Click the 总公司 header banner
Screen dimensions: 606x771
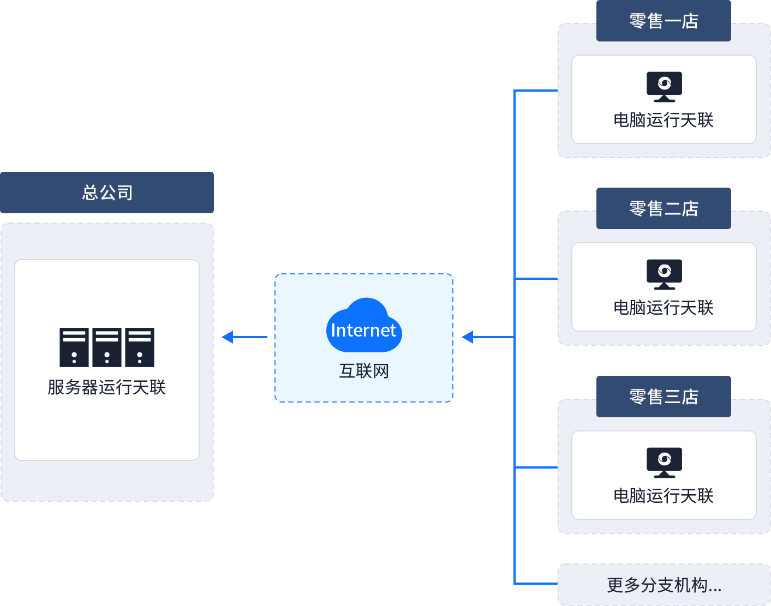pyautogui.click(x=107, y=192)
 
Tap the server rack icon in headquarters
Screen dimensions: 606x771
pyautogui.click(x=107, y=347)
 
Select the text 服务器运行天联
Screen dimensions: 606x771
pyautogui.click(x=107, y=387)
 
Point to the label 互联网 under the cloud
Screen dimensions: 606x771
pyautogui.click(x=364, y=371)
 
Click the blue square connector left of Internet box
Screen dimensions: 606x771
pyautogui.click(x=227, y=337)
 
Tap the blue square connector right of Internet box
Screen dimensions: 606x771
pyautogui.click(x=468, y=337)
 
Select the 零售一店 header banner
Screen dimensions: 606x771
pyautogui.click(x=664, y=21)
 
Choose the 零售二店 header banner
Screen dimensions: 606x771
pyautogui.click(x=664, y=208)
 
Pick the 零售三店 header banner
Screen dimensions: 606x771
pyautogui.click(x=664, y=396)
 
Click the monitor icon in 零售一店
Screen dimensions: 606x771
pyautogui.click(x=664, y=86)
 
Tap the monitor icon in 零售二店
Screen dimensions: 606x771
pyautogui.click(x=664, y=274)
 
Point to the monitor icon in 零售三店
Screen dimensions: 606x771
pyautogui.click(x=664, y=462)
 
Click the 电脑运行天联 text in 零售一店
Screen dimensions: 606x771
pyautogui.click(x=664, y=120)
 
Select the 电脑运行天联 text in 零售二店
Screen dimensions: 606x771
pyautogui.click(x=664, y=308)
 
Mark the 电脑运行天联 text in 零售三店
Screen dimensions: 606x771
pyautogui.click(x=664, y=496)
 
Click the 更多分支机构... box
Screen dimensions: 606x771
pyautogui.click(x=664, y=585)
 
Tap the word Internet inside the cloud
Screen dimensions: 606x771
pyautogui.click(x=363, y=331)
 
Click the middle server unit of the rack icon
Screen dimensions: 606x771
pyautogui.click(x=107, y=347)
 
